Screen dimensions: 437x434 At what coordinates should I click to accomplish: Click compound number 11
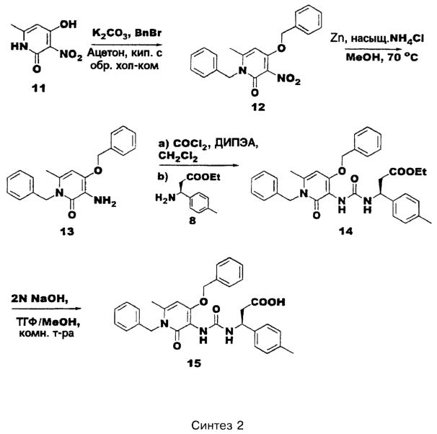pyautogui.click(x=38, y=89)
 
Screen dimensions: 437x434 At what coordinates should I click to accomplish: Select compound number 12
pyautogui.click(x=258, y=107)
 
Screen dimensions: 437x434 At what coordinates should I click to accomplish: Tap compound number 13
pyautogui.click(x=67, y=231)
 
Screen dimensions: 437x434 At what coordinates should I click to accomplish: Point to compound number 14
pyautogui.click(x=345, y=231)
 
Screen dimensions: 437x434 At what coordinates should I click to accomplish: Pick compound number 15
pyautogui.click(x=194, y=363)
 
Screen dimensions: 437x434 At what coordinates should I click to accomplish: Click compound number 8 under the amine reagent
pyautogui.click(x=193, y=221)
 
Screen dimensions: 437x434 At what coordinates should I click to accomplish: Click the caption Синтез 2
pyautogui.click(x=217, y=425)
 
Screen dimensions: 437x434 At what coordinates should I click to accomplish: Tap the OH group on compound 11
pyautogui.click(x=68, y=25)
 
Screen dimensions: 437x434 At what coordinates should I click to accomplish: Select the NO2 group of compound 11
pyautogui.click(x=71, y=55)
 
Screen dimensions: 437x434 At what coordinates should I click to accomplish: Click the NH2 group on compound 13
pyautogui.click(x=105, y=201)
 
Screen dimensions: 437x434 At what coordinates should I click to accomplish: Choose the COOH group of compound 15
pyautogui.click(x=268, y=302)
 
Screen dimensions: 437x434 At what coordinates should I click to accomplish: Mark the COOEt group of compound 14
pyautogui.click(x=407, y=172)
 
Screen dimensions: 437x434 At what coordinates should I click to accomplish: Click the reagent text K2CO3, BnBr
pyautogui.click(x=127, y=34)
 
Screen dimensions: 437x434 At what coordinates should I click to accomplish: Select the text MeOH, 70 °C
pyautogui.click(x=381, y=58)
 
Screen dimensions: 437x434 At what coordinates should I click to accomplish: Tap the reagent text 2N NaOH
pyautogui.click(x=40, y=299)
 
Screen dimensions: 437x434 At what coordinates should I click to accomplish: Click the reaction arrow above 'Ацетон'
pyautogui.click(x=127, y=45)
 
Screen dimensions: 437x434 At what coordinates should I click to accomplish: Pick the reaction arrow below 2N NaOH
pyautogui.click(x=47, y=309)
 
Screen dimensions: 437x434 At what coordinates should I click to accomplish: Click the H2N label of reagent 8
pyautogui.click(x=166, y=198)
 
